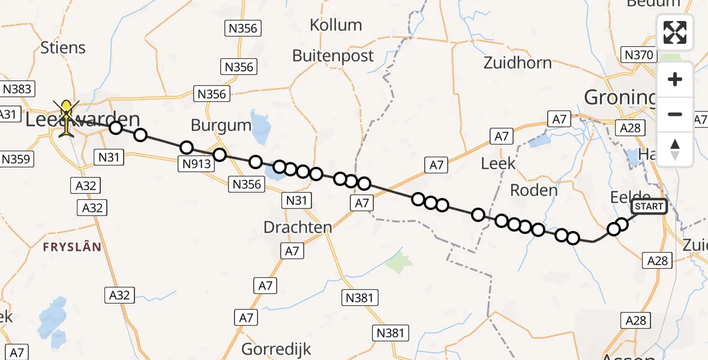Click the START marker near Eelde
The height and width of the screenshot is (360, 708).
(x=649, y=207)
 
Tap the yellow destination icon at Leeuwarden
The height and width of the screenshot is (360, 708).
(x=66, y=116)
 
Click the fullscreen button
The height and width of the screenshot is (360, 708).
(x=675, y=32)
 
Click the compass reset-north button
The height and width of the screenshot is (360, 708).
(x=675, y=149)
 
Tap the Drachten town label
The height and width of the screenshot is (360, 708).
(x=298, y=227)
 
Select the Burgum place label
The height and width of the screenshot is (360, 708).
(x=221, y=125)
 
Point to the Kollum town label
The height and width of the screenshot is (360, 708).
(x=336, y=25)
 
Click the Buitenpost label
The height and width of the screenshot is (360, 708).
(x=333, y=56)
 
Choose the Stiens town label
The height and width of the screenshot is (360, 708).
(x=63, y=47)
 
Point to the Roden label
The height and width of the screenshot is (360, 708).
(x=533, y=190)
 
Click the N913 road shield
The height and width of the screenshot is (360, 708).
(x=194, y=162)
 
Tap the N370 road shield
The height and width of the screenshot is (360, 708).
(x=638, y=55)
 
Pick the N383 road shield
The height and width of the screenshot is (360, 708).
(x=17, y=89)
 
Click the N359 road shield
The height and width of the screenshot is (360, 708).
(x=17, y=159)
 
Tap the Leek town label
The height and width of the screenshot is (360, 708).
(x=498, y=163)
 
